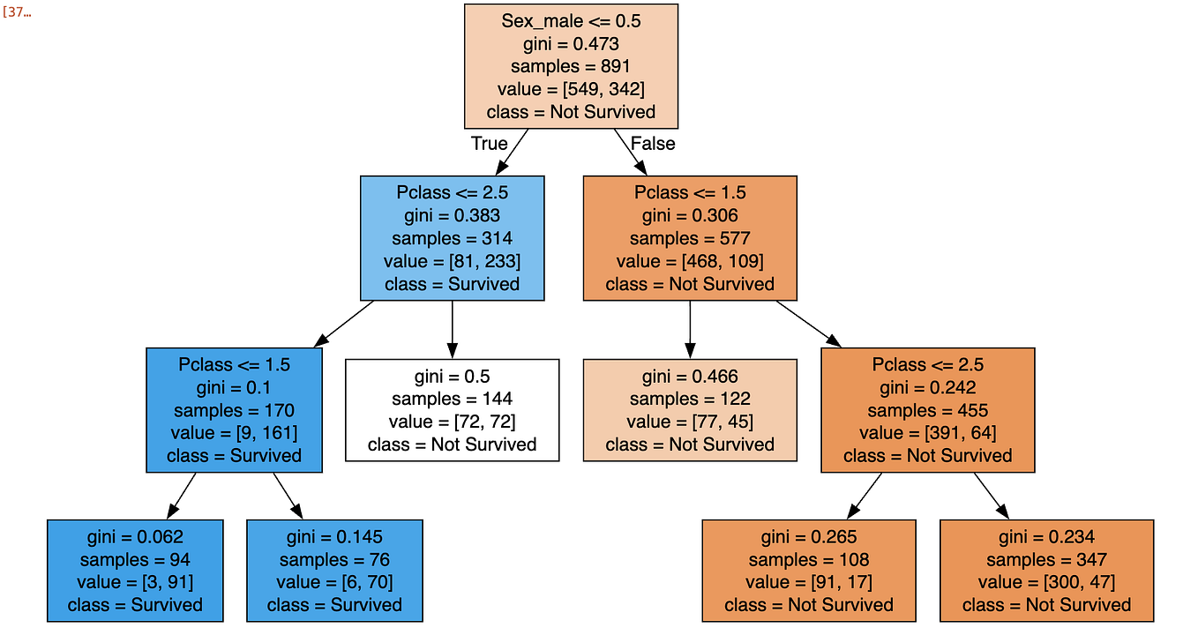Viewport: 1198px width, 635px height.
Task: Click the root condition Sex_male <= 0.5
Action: tap(571, 21)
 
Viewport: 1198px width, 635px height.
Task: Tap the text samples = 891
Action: tap(571, 66)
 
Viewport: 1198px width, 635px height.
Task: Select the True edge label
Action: tap(489, 143)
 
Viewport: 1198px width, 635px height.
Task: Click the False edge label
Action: tap(653, 143)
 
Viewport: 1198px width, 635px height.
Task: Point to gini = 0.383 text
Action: tap(452, 215)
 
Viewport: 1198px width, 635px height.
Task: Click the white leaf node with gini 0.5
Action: tap(452, 409)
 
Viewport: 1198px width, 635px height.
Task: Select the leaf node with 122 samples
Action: tap(690, 409)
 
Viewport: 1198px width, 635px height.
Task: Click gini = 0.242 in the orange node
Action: tap(927, 387)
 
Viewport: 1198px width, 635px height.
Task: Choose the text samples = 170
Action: tap(234, 410)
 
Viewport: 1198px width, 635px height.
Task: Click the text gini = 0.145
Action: tap(334, 536)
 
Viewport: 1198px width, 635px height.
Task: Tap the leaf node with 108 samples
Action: tap(809, 571)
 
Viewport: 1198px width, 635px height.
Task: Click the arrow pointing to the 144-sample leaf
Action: tap(452, 331)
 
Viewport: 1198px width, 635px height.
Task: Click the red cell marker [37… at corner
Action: tap(18, 14)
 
